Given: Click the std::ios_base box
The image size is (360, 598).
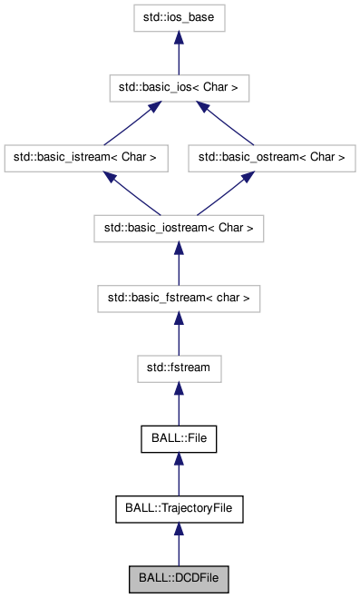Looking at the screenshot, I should coord(179,18).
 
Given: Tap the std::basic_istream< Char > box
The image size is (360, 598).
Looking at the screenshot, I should coord(86,157).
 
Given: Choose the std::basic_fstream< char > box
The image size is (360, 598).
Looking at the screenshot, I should coord(179,297).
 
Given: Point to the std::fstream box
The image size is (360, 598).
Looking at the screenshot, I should coord(179,368).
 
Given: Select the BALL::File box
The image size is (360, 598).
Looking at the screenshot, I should coord(179,438).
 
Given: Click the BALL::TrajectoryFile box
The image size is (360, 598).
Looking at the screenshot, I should coord(179,508).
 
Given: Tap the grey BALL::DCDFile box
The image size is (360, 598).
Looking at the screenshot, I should coord(179,578).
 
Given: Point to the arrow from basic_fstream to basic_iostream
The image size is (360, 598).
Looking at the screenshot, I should coord(179,262).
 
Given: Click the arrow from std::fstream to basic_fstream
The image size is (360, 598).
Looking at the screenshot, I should coord(179,332).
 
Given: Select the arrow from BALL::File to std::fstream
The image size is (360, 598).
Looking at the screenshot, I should coord(179,403).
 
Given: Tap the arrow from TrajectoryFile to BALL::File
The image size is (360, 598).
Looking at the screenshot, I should coord(179,474).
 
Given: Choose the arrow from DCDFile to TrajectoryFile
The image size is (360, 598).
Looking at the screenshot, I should coord(179,544).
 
